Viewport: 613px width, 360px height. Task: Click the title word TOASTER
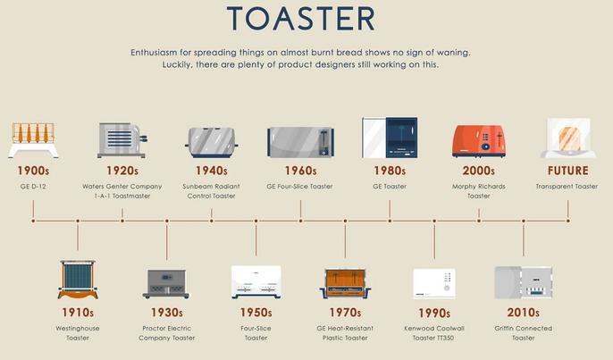pyautogui.click(x=300, y=19)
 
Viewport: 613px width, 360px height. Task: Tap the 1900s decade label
pyautogui.click(x=33, y=171)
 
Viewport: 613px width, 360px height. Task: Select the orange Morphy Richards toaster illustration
pyautogui.click(x=479, y=141)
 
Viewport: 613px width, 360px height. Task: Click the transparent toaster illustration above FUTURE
pyautogui.click(x=568, y=138)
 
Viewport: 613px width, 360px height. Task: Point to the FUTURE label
pyautogui.click(x=568, y=171)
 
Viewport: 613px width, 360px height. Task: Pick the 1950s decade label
pyautogui.click(x=256, y=313)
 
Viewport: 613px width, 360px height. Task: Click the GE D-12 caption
pyautogui.click(x=33, y=187)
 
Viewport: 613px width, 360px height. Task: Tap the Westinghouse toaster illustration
pyautogui.click(x=78, y=279)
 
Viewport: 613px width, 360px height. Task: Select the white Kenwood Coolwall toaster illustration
pyautogui.click(x=434, y=283)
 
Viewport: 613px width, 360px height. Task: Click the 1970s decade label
pyautogui.click(x=345, y=313)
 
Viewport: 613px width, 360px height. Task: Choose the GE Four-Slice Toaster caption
pyautogui.click(x=300, y=187)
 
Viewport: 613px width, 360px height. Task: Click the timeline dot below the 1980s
pyautogui.click(x=390, y=221)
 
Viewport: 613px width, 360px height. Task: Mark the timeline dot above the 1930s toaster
pyautogui.click(x=167, y=221)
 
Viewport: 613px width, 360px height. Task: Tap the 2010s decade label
pyautogui.click(x=524, y=313)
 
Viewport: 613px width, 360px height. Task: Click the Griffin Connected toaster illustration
pyautogui.click(x=524, y=282)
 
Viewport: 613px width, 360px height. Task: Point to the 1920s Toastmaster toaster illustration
pyautogui.click(x=122, y=140)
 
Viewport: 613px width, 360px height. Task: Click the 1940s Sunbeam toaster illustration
pyautogui.click(x=212, y=142)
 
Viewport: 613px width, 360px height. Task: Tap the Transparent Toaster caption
pyautogui.click(x=567, y=187)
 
